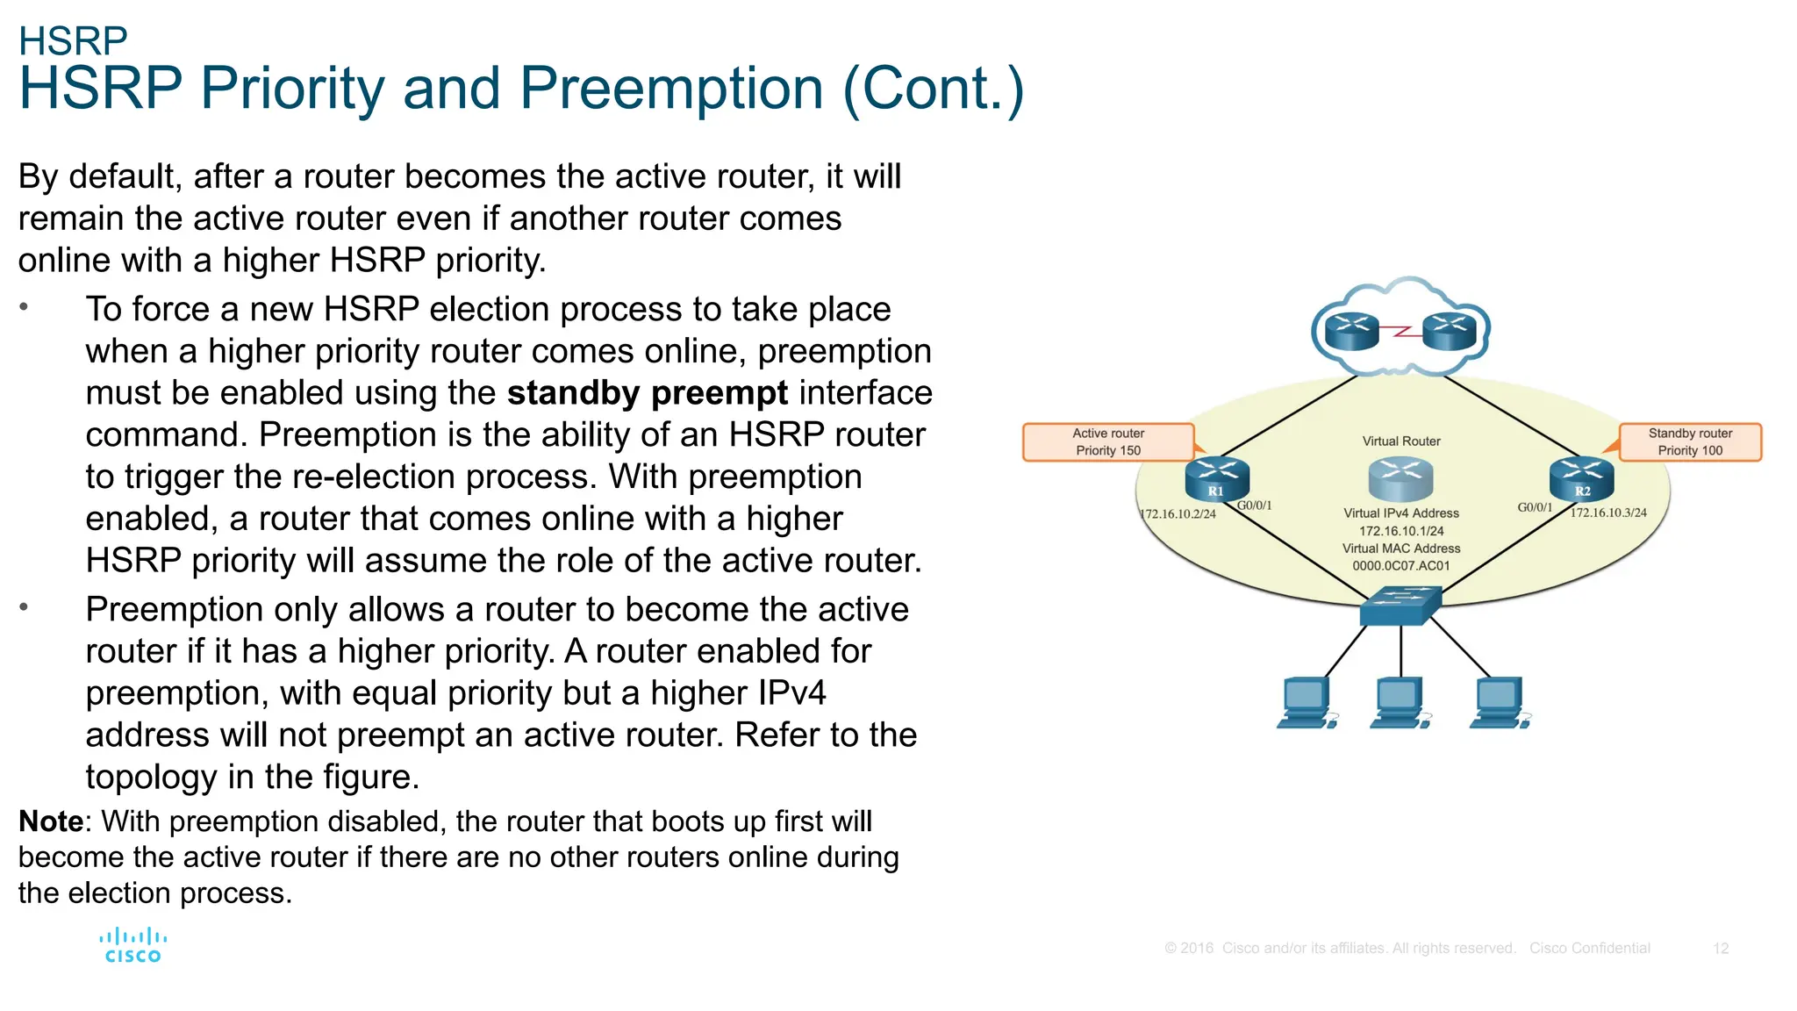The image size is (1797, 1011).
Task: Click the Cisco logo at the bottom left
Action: (x=132, y=945)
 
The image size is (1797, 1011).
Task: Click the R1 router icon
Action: (x=1216, y=480)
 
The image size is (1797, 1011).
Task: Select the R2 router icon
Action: (x=1581, y=480)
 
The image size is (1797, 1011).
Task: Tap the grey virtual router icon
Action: (x=1400, y=478)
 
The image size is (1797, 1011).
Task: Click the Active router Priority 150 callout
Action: (x=1108, y=442)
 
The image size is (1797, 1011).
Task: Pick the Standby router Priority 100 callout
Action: (x=1690, y=442)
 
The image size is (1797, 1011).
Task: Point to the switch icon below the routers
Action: (x=1400, y=606)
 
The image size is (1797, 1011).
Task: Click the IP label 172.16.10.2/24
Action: (x=1178, y=514)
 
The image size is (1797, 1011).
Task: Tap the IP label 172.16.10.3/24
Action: (x=1608, y=513)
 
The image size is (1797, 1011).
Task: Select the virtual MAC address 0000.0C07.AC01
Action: (x=1400, y=566)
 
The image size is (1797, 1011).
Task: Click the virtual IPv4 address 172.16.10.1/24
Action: (x=1400, y=531)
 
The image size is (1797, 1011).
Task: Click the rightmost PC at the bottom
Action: (x=1500, y=702)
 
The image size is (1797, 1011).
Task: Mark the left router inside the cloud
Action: (x=1352, y=332)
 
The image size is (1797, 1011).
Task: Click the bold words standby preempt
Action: (x=647, y=393)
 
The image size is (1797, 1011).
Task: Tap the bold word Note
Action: (x=51, y=821)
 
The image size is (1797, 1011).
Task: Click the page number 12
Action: (x=1720, y=949)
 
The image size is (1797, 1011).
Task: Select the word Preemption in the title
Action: (x=671, y=89)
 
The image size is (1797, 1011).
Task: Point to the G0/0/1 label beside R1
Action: (x=1254, y=505)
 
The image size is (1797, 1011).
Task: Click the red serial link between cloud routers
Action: (x=1401, y=332)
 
